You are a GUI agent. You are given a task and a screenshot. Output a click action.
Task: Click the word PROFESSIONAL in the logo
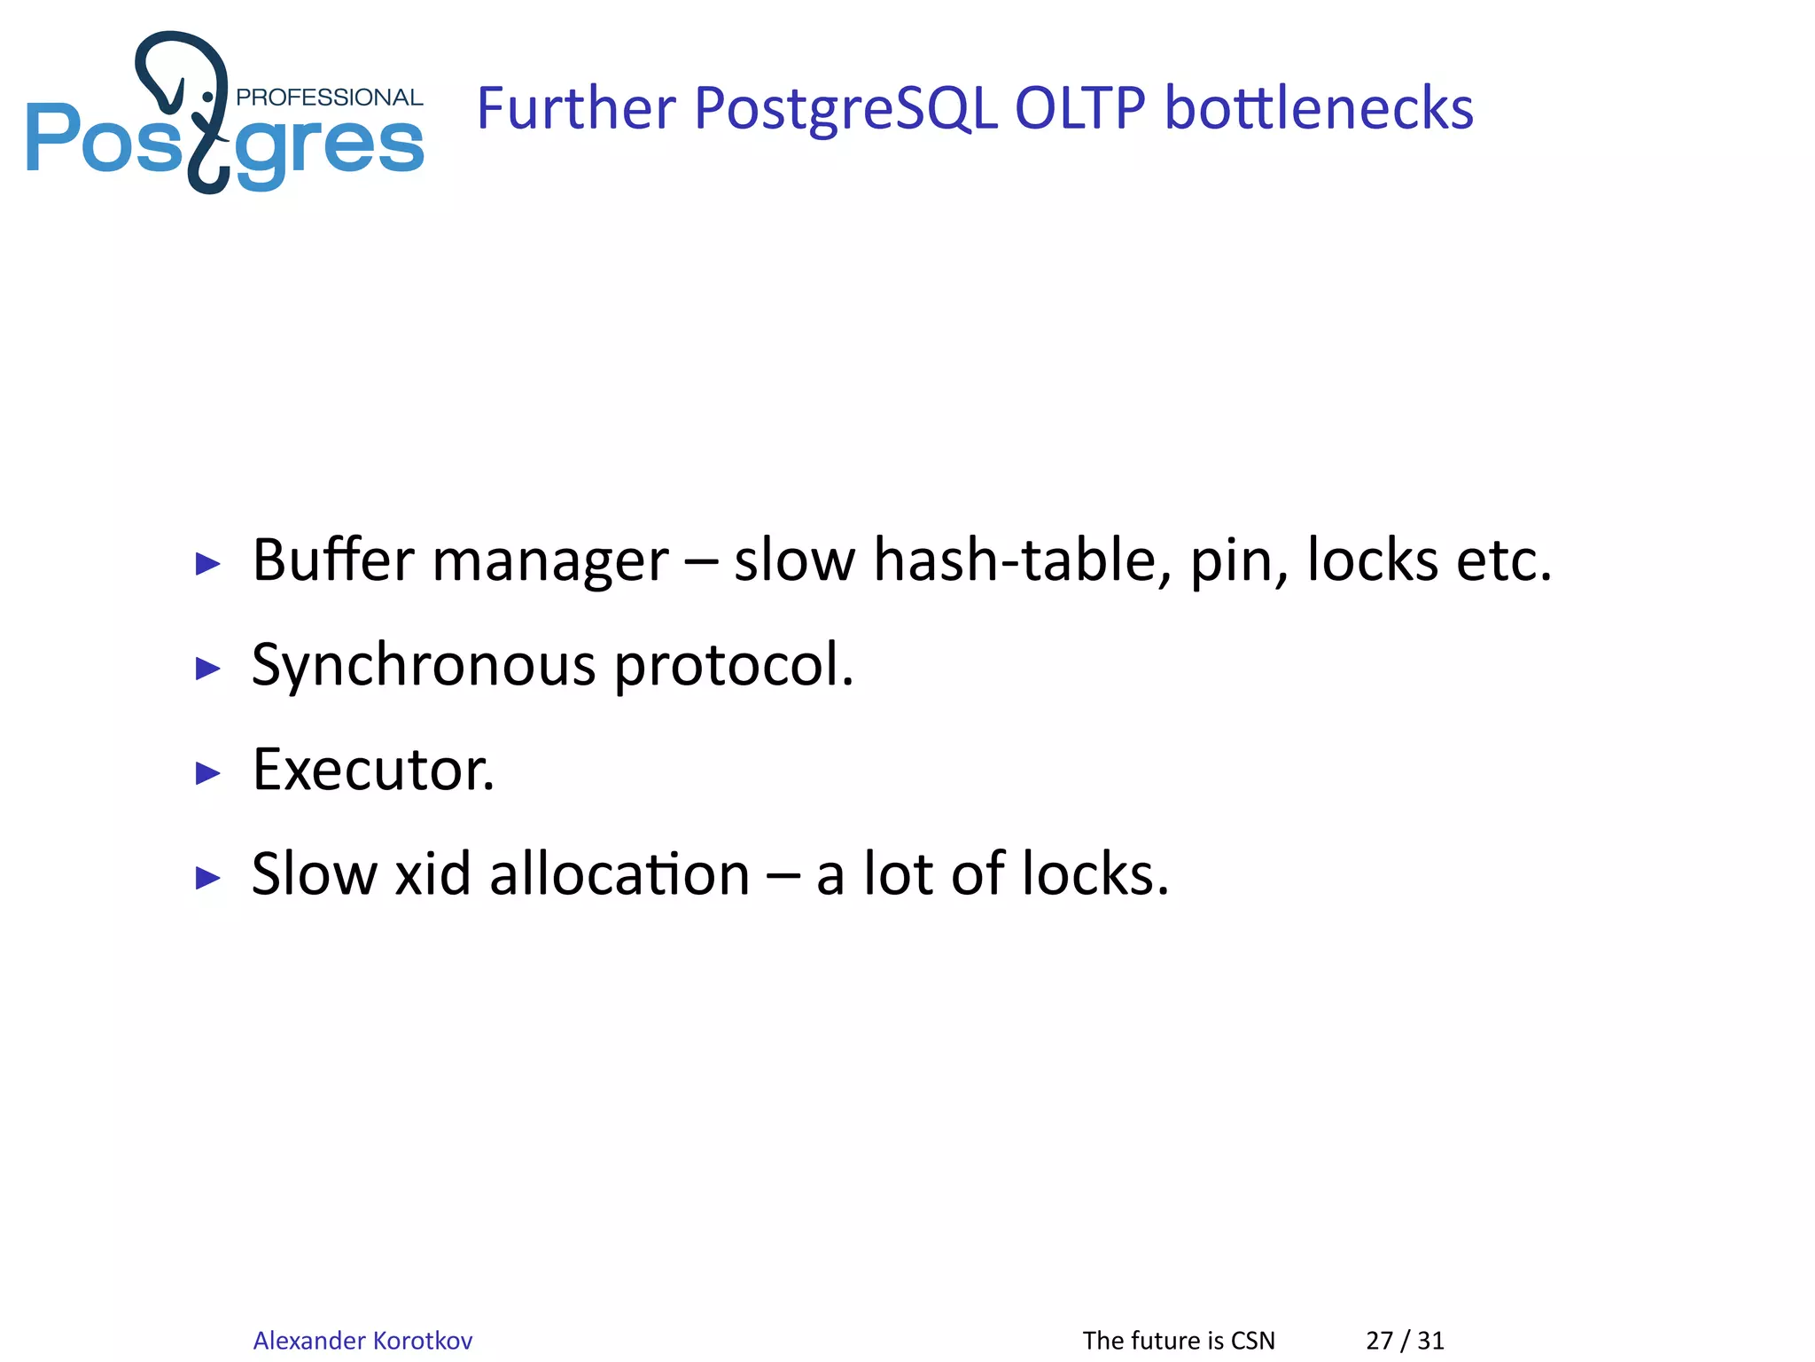point(329,98)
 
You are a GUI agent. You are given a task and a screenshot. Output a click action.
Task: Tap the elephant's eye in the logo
point(208,96)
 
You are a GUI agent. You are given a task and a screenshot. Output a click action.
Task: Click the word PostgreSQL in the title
point(845,110)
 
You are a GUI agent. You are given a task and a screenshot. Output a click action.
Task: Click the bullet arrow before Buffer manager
point(207,563)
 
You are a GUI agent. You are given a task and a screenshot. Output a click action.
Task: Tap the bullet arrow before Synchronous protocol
point(207,668)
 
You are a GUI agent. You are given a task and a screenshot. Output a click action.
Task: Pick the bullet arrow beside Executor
point(207,772)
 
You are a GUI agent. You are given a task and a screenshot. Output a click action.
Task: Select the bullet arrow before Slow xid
point(207,877)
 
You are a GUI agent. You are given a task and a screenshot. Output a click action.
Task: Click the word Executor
point(373,770)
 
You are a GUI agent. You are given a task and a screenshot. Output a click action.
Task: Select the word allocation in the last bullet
point(619,874)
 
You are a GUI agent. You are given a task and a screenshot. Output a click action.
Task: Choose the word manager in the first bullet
point(549,562)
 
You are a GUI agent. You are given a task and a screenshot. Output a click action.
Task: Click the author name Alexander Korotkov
point(362,1340)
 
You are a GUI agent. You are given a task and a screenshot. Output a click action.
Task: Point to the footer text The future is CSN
point(1179,1340)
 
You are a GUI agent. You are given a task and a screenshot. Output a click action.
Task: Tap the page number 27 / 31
point(1405,1340)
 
